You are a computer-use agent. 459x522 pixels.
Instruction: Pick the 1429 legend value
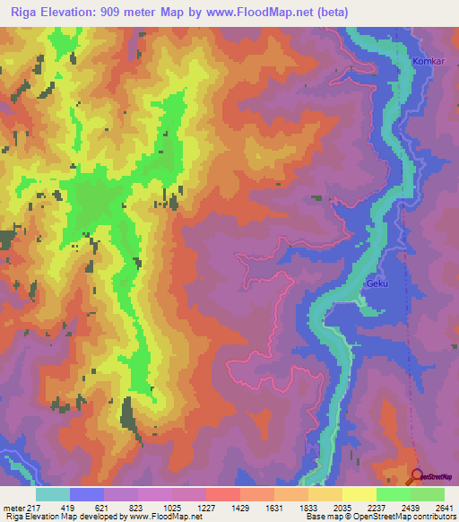coord(239,507)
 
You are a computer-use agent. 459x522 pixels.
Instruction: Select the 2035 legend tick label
coord(353,507)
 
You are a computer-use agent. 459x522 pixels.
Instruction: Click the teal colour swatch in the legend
coord(53,494)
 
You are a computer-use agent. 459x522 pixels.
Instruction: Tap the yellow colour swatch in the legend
coord(359,494)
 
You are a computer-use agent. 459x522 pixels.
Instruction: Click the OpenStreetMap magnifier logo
coord(417,476)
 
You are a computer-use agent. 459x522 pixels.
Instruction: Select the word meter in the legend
coord(15,507)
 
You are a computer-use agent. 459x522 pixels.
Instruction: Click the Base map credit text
coord(379,517)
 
